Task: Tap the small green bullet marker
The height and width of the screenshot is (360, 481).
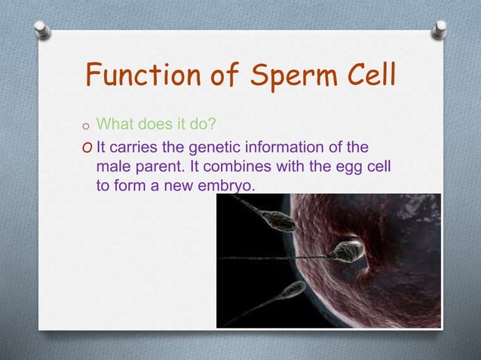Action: (x=88, y=126)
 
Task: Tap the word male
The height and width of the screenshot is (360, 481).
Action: (x=113, y=165)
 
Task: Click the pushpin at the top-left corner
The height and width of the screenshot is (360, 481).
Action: (x=41, y=29)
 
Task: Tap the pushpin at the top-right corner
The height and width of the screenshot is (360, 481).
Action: (x=439, y=29)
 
